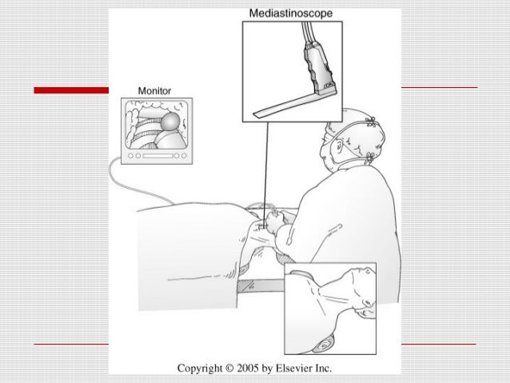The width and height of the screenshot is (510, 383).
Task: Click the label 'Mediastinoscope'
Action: point(292,14)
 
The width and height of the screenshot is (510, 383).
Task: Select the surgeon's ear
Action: point(342,147)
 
